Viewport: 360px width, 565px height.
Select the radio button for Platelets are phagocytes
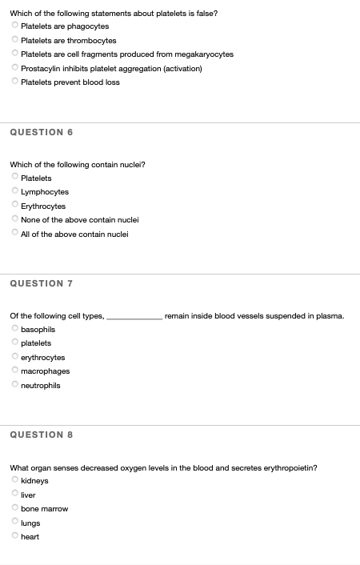(15, 26)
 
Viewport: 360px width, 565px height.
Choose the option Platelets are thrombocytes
(15, 40)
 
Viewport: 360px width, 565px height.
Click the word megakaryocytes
(206, 54)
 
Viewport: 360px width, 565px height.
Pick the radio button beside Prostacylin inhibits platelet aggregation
(15, 68)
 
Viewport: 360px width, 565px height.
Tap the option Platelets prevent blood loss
(15, 82)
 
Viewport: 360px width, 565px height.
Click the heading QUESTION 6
(41, 132)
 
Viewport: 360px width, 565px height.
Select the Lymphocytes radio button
(15, 192)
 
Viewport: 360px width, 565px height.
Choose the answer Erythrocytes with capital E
(15, 206)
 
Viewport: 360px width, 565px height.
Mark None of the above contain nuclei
(15, 219)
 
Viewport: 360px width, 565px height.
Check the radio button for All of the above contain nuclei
(15, 234)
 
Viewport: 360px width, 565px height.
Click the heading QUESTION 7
(41, 283)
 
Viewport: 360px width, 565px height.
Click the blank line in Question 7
(134, 317)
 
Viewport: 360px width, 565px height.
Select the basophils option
(15, 329)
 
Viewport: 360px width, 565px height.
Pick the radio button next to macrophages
(15, 371)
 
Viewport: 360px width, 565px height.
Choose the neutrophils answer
(15, 385)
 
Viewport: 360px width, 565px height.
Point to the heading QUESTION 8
(41, 435)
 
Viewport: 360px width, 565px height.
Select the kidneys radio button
(15, 481)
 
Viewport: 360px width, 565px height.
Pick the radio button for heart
(15, 536)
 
